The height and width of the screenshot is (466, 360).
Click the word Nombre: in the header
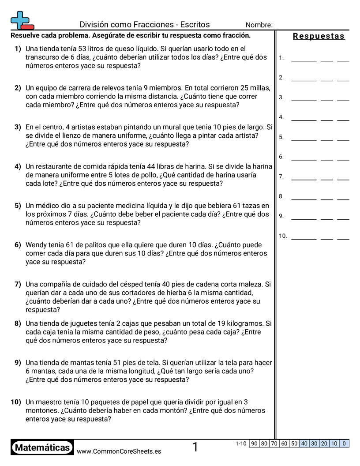coord(259,25)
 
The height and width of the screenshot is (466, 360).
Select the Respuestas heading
coord(319,37)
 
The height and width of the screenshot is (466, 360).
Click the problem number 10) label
coord(16,402)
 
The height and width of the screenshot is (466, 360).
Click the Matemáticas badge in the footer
coord(42,448)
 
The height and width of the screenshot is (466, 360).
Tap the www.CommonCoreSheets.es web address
coord(119,451)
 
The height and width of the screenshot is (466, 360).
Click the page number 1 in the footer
coord(195,447)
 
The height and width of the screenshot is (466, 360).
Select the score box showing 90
coord(254,443)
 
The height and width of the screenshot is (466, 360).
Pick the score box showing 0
coord(344,443)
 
